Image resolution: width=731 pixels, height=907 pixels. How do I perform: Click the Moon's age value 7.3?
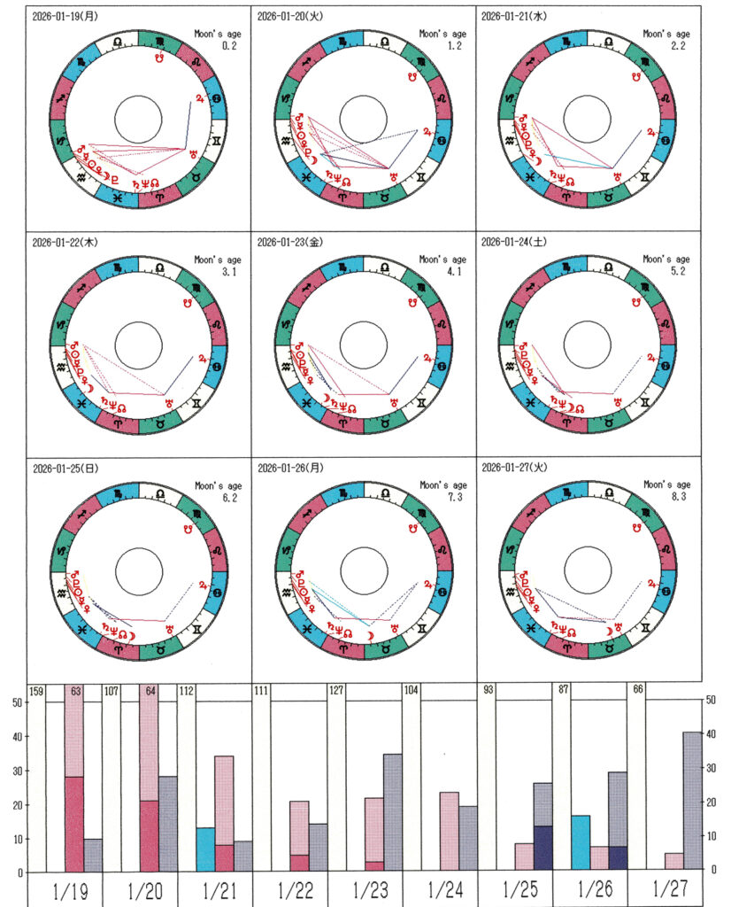tap(457, 496)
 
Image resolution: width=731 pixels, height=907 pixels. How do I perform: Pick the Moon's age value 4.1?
tap(457, 271)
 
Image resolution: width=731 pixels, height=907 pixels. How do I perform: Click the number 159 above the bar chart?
tap(37, 692)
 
